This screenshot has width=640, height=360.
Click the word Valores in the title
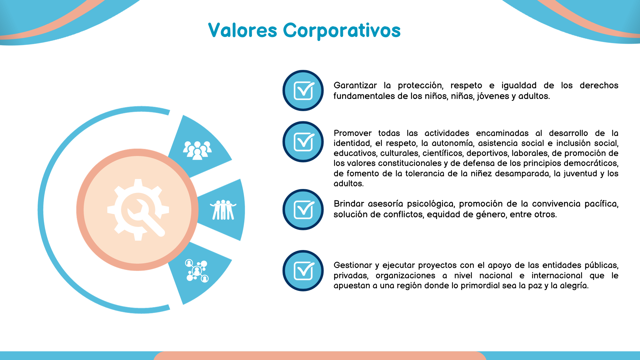pyautogui.click(x=243, y=30)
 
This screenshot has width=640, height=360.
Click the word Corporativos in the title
pyautogui.click(x=342, y=31)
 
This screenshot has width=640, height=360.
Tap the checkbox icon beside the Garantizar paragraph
pyautogui.click(x=303, y=90)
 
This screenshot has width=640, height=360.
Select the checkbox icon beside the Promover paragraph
pyautogui.click(x=303, y=142)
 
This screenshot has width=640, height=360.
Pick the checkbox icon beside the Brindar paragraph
pyautogui.click(x=303, y=210)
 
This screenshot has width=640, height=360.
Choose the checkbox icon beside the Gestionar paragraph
pyautogui.click(x=303, y=271)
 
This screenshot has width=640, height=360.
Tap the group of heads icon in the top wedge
pyautogui.click(x=197, y=150)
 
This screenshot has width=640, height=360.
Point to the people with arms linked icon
pyautogui.click(x=223, y=210)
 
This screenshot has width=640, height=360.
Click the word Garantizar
pyautogui.click(x=355, y=85)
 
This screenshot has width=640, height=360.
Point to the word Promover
pyautogui.click(x=353, y=133)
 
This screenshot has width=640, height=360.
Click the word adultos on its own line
pyautogui.click(x=349, y=184)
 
